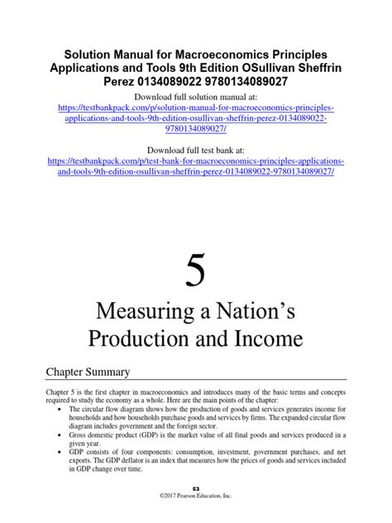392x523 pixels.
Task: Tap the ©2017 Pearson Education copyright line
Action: tap(196, 518)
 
